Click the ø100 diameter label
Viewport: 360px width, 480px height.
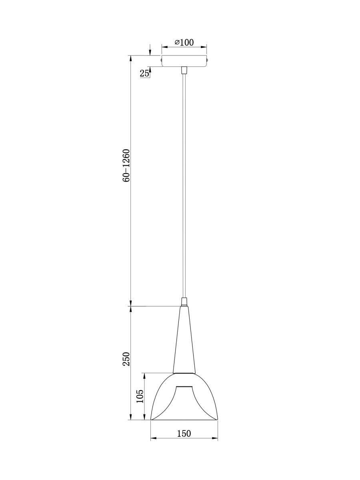184,42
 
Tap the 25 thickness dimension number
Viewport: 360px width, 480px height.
144,73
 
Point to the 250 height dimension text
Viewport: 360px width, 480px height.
126,359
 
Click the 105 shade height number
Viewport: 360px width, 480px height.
140,397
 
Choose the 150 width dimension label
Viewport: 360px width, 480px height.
184,433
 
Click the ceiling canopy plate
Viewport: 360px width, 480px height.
184,61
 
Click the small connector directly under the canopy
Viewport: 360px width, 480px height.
184,70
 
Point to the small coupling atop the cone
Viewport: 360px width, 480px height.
184,302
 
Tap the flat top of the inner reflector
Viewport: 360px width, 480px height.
184,387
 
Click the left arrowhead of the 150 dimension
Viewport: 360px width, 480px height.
152,439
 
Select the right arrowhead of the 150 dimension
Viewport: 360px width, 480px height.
216,439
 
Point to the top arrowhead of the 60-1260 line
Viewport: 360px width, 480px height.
131,58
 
